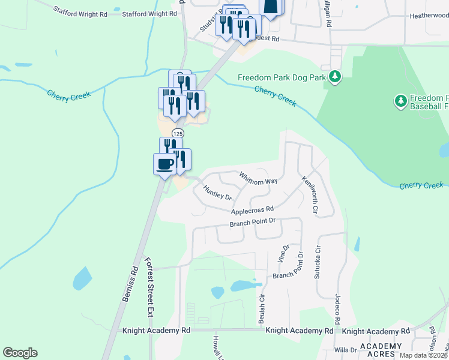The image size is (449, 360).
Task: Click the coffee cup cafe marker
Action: (165, 163)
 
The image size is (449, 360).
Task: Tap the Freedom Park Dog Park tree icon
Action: (336, 77)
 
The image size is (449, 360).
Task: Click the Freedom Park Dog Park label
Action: (282, 77)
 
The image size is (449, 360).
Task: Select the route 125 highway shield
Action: (177, 133)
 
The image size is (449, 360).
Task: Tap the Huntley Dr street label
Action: (217, 192)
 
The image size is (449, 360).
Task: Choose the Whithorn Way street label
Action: (258, 179)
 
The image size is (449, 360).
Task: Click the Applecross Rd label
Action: (253, 210)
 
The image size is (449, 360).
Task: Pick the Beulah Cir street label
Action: (262, 308)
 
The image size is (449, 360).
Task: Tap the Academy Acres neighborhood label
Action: (381, 350)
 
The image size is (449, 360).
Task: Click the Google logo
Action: (20, 353)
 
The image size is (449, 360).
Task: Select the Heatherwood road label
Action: (429, 17)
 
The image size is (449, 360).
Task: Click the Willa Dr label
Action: (345, 349)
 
